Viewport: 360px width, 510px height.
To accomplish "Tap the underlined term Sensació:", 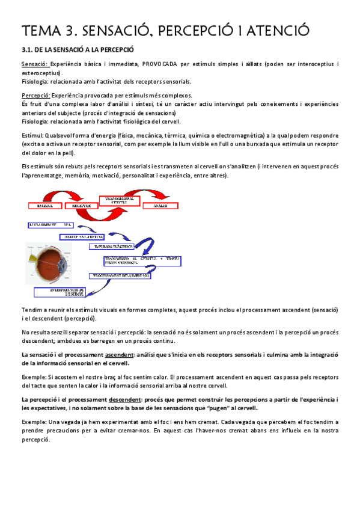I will [x=34, y=64].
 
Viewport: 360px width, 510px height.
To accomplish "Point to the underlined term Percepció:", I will [x=35, y=95].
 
